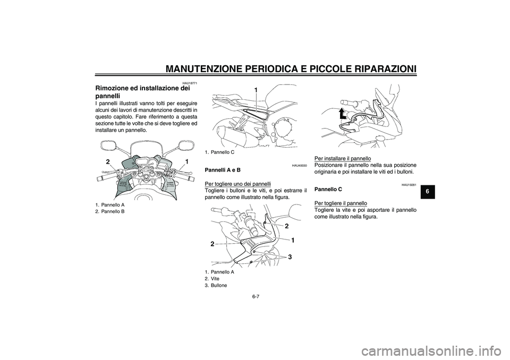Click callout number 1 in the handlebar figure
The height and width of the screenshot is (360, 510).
coord(187,161)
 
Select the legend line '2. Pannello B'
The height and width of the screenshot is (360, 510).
coord(110,211)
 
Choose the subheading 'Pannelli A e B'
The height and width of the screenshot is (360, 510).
coord(222,170)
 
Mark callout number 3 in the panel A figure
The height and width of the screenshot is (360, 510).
coord(290,257)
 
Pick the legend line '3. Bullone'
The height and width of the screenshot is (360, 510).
coord(215,285)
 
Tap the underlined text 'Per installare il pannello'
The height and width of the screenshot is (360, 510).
coord(343,158)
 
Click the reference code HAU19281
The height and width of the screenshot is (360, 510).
coord(409,184)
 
